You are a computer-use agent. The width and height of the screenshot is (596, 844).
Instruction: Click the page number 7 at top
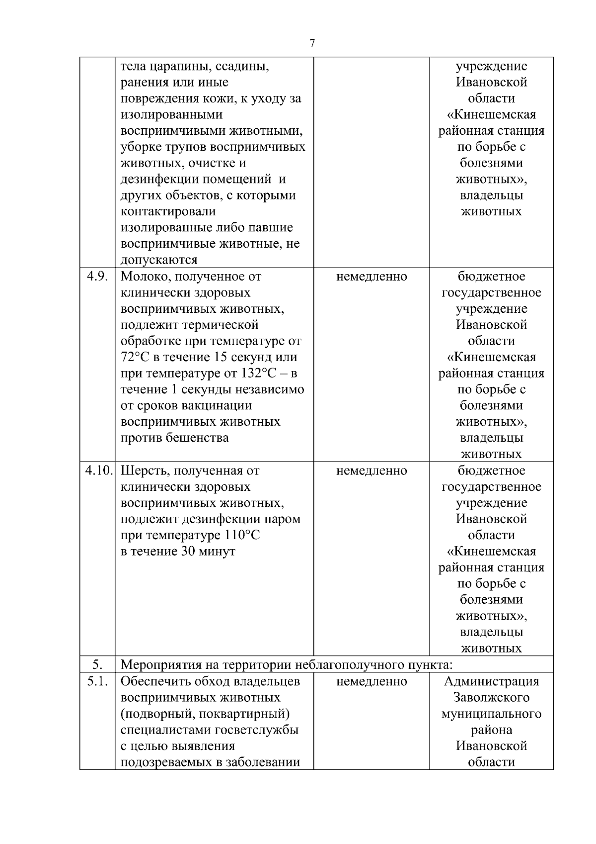click(312, 44)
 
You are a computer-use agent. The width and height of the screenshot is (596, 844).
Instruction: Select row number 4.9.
click(97, 277)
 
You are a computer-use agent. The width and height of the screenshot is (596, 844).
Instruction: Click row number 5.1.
click(97, 681)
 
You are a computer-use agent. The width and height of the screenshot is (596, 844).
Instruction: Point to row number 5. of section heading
click(97, 665)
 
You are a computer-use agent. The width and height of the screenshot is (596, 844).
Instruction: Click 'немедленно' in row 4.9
click(371, 277)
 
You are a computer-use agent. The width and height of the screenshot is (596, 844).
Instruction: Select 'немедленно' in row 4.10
click(371, 470)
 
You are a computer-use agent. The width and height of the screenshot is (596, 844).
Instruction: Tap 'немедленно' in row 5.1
click(371, 681)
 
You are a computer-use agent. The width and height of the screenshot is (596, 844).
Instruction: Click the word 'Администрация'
click(491, 681)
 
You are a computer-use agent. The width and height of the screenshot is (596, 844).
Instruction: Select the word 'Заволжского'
click(491, 698)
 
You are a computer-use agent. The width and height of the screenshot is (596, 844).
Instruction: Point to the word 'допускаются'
click(159, 260)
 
